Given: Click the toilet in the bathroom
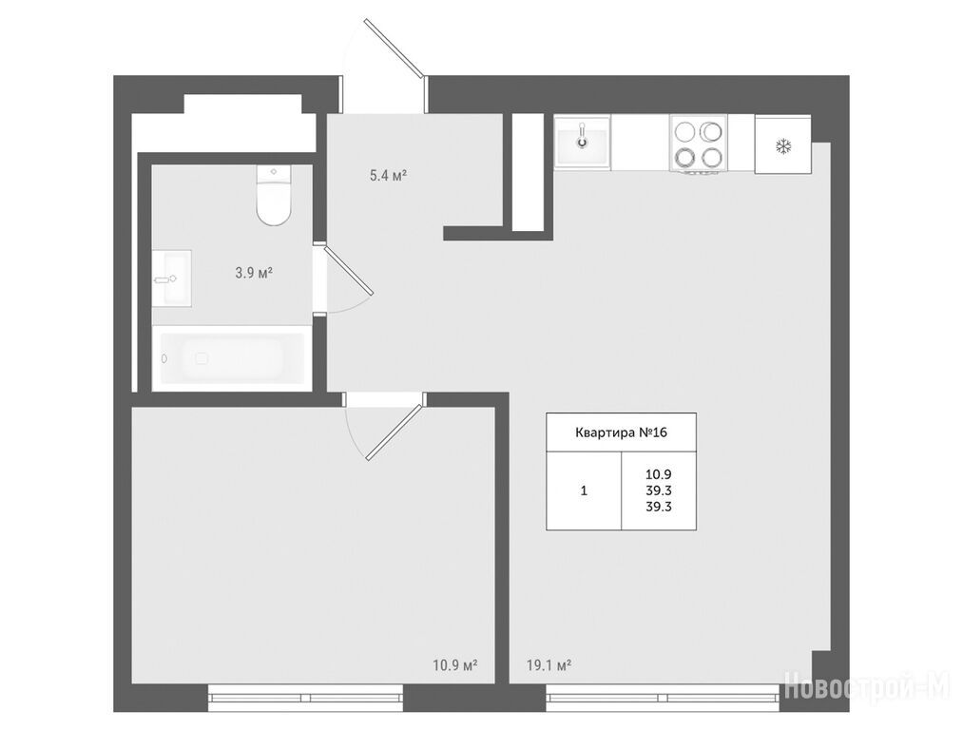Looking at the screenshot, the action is (x=273, y=195).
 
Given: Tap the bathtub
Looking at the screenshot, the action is (x=232, y=358).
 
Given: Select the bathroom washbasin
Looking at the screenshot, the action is (x=171, y=279).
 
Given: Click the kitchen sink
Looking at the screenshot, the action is (x=582, y=142).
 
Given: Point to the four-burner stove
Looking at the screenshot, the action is (x=699, y=144).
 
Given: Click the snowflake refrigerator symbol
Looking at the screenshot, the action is (x=783, y=146).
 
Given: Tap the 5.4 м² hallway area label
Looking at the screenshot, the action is (x=388, y=176).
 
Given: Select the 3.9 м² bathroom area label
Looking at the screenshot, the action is (x=254, y=273).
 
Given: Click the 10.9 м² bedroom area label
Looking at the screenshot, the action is (x=455, y=665).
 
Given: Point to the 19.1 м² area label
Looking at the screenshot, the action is (x=549, y=665).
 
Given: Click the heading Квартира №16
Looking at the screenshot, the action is (x=621, y=432).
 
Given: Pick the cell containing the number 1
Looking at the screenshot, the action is (x=584, y=490).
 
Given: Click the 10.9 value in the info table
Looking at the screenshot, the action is (x=659, y=474).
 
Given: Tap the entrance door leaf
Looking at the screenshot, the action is (x=395, y=48).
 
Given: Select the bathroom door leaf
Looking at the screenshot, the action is (x=348, y=271).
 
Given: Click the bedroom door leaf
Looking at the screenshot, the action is (x=395, y=431).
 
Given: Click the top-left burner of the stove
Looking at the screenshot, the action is (x=684, y=131).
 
